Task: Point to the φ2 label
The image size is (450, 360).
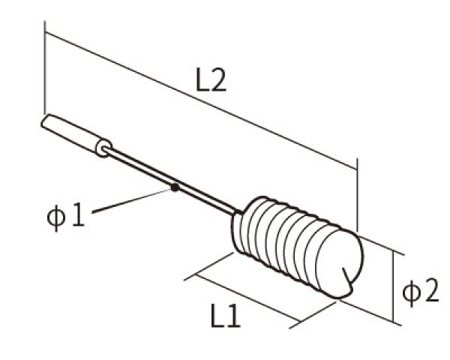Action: point(420,292)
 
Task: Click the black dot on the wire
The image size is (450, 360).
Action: point(174,187)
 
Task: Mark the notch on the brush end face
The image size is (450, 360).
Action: point(347,277)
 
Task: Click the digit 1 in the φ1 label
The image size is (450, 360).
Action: point(76,217)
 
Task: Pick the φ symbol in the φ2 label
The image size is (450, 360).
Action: point(412,292)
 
